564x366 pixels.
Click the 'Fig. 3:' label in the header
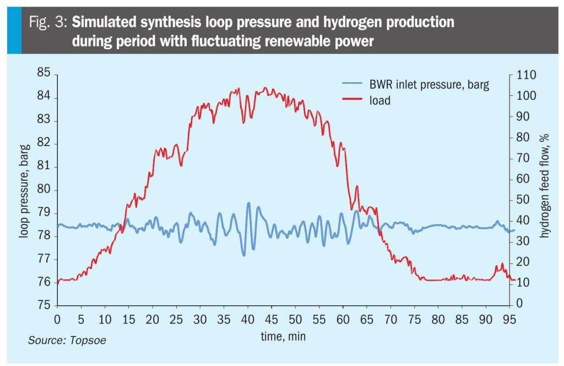coord(48,23)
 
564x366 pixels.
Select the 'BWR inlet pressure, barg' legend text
coord(429,84)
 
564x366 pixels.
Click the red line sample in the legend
coord(352,99)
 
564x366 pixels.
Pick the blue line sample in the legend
coord(352,83)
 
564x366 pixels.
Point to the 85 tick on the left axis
coord(44,73)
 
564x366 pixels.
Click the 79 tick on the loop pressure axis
coord(44,213)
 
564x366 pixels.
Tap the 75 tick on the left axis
coord(44,305)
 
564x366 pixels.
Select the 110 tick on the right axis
coord(526,75)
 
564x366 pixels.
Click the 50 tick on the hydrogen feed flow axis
coord(523,200)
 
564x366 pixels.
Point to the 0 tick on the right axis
coord(519,303)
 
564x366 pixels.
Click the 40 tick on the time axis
coord(247,319)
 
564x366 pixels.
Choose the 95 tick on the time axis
coord(509,319)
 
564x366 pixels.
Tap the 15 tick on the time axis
coord(128,319)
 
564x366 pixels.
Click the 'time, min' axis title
coord(283,336)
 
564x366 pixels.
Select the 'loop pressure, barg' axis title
coord(24,191)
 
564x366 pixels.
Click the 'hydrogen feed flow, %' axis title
coord(544,186)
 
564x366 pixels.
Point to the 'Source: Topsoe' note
coord(67,341)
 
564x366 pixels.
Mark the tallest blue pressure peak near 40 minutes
coord(248,203)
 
